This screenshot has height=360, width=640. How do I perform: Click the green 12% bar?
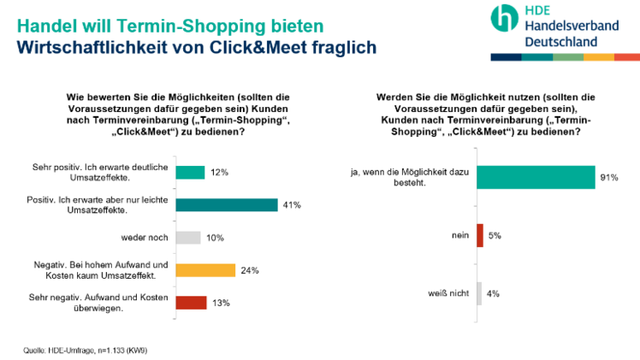click(x=189, y=172)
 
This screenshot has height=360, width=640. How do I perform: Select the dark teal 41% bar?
click(x=226, y=204)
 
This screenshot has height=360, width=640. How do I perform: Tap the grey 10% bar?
click(x=187, y=237)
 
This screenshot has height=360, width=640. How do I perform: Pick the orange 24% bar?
click(x=204, y=270)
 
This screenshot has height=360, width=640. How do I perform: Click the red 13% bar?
click(x=191, y=302)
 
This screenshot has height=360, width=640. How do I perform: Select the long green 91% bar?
click(x=535, y=177)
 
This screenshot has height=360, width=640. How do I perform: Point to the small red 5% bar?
click(x=480, y=235)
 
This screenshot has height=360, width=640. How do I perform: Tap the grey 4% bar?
click(x=479, y=293)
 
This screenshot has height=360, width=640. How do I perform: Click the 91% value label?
click(x=609, y=178)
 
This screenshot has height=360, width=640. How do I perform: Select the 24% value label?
click(x=250, y=271)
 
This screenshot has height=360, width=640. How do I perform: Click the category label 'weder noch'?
click(x=145, y=238)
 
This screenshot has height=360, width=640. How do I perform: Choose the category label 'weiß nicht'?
click(x=447, y=294)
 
